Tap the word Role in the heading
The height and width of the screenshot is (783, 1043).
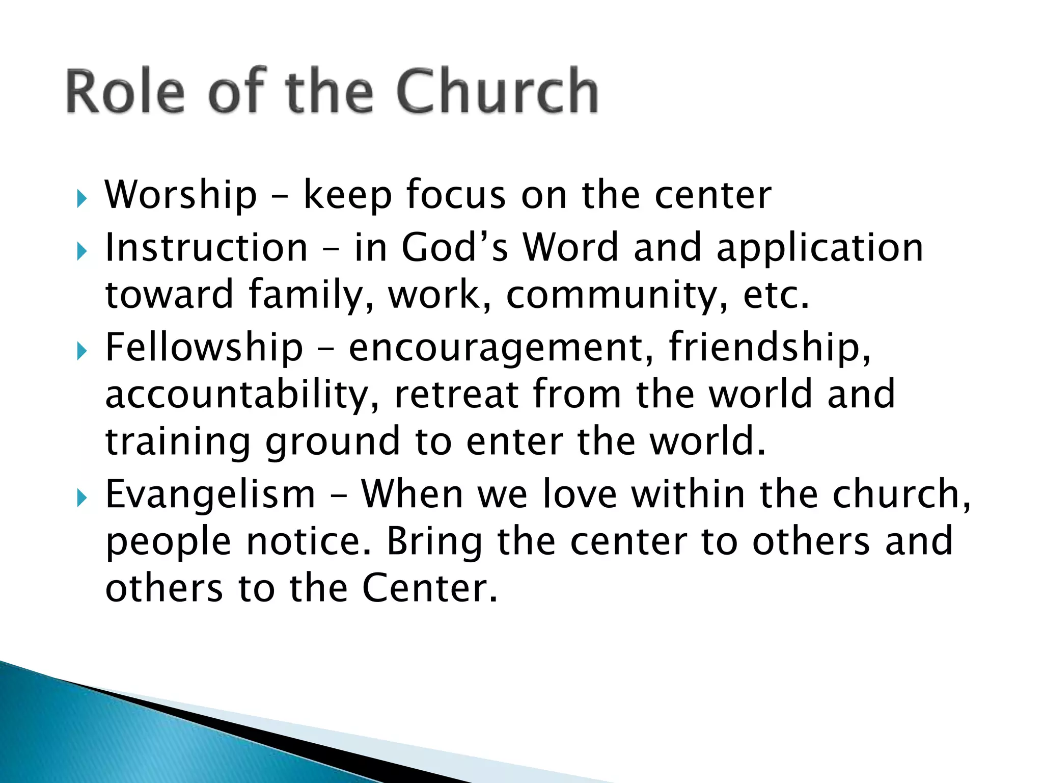click(x=125, y=92)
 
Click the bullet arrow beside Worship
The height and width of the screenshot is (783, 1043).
click(x=82, y=199)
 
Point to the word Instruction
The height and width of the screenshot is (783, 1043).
click(x=206, y=248)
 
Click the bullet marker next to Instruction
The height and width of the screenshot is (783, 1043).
click(x=82, y=251)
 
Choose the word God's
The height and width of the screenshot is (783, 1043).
click(x=455, y=248)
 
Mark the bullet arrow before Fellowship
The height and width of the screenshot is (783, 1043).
click(x=82, y=351)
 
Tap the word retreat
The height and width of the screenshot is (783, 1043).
click(x=456, y=395)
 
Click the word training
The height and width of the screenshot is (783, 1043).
click(x=178, y=442)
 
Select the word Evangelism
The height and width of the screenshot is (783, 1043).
click(x=210, y=494)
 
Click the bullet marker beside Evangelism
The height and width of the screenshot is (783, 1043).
click(x=82, y=498)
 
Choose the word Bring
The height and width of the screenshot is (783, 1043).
click(x=434, y=542)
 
